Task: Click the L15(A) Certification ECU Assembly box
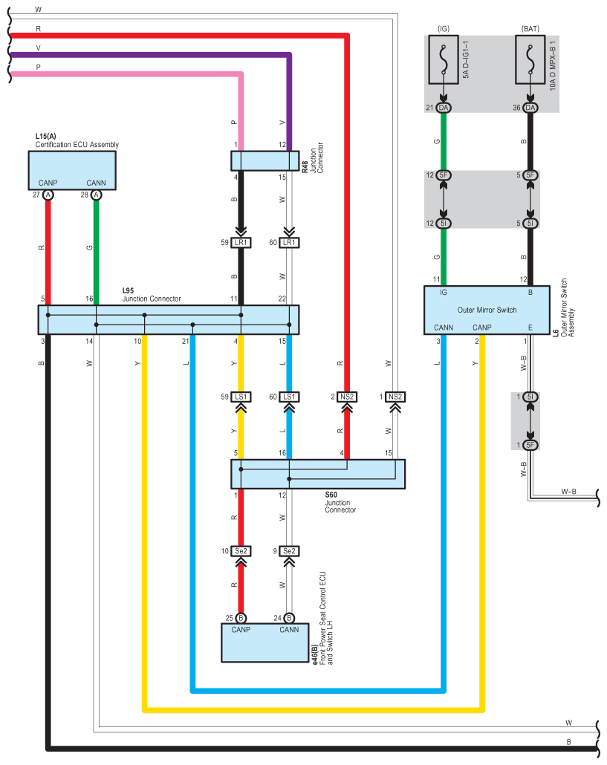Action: (x=72, y=169)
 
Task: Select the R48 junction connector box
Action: (x=264, y=161)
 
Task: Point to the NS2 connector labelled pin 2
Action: (x=347, y=397)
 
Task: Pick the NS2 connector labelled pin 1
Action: (x=395, y=397)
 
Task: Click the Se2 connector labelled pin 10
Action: (x=241, y=551)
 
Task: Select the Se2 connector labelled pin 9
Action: (x=289, y=551)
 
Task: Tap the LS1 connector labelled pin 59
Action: (x=241, y=397)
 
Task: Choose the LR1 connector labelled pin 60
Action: (x=289, y=243)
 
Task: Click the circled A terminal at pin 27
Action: (x=48, y=195)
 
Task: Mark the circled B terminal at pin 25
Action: (x=241, y=618)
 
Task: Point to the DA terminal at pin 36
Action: (x=530, y=108)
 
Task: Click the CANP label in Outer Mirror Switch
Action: (x=482, y=327)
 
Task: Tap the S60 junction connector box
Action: (x=318, y=474)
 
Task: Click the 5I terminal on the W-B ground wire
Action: (x=530, y=397)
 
